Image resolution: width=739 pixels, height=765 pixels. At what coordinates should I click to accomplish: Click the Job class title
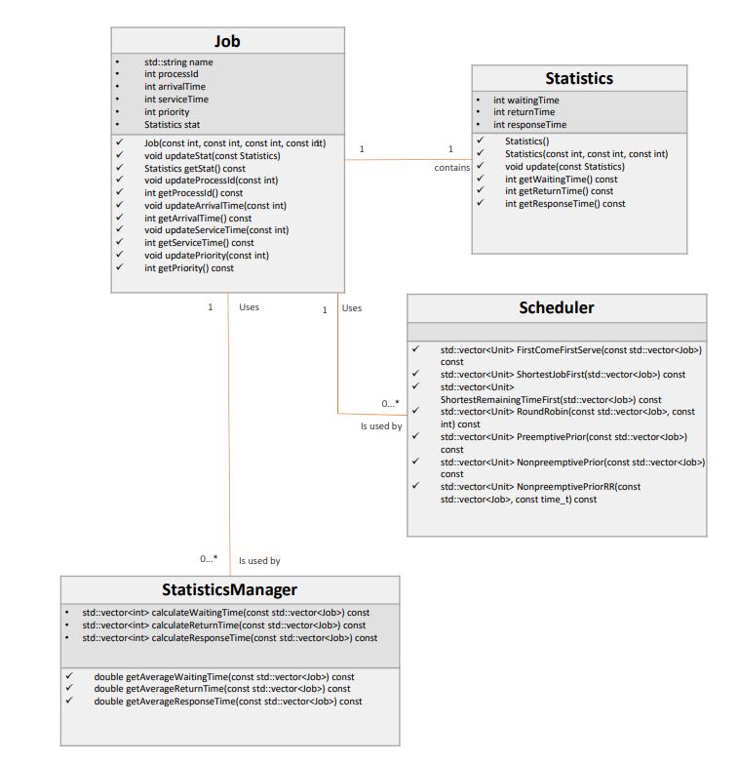point(227,41)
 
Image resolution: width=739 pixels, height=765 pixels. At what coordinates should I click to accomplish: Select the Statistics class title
point(579,78)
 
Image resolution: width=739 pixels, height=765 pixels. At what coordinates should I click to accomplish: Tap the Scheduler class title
point(556,307)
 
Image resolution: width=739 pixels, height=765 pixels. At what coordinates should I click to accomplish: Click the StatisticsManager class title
point(229,589)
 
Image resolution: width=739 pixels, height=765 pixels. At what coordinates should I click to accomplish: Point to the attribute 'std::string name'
point(178,61)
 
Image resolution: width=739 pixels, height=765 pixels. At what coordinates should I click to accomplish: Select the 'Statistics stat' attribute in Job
point(172,125)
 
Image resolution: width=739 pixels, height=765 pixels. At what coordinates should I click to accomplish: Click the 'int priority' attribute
point(167,112)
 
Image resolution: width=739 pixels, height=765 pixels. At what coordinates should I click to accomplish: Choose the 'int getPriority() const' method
point(189,267)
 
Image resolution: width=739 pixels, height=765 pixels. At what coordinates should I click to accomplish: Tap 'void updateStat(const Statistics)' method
point(212,155)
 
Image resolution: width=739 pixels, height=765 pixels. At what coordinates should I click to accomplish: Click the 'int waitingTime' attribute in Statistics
point(525,100)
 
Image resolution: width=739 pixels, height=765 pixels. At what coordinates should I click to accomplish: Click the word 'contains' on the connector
point(451,168)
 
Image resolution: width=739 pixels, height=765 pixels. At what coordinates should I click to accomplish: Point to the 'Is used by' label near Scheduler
point(381,425)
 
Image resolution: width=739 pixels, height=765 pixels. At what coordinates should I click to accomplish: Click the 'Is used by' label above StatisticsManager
point(259,561)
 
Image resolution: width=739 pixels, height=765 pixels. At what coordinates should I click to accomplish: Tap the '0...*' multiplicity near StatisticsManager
point(209,558)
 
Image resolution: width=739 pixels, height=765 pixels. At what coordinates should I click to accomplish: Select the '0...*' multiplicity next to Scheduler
point(390,403)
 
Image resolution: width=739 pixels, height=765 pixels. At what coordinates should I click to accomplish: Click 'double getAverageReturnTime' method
point(222,688)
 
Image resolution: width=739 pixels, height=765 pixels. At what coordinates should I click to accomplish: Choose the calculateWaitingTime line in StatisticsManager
point(225,612)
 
